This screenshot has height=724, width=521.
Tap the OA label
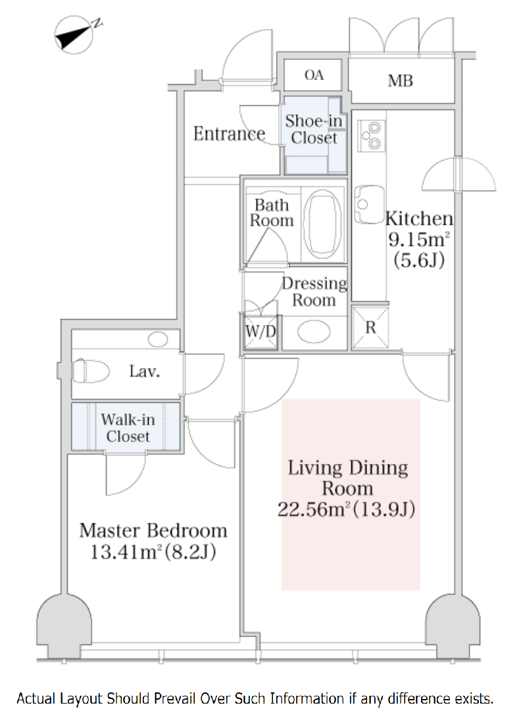click(314, 75)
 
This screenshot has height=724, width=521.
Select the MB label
click(400, 81)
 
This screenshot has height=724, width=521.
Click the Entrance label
click(229, 134)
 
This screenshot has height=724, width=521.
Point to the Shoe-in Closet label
click(314, 129)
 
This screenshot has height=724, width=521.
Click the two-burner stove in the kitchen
click(371, 136)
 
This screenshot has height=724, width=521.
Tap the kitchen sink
click(369, 205)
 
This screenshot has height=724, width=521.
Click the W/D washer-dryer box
click(260, 331)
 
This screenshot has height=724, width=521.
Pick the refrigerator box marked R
click(370, 327)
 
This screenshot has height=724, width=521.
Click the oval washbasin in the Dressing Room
click(314, 332)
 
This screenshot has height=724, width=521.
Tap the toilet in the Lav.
click(90, 371)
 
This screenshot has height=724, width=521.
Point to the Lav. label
click(145, 371)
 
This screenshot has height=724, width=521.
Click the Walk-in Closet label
click(128, 428)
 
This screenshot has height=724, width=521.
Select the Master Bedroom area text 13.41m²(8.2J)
click(153, 552)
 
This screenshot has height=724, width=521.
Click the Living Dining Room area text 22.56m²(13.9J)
click(347, 509)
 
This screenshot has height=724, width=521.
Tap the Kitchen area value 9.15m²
click(419, 239)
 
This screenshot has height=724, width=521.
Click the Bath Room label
click(271, 213)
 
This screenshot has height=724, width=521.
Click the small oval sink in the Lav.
click(158, 340)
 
